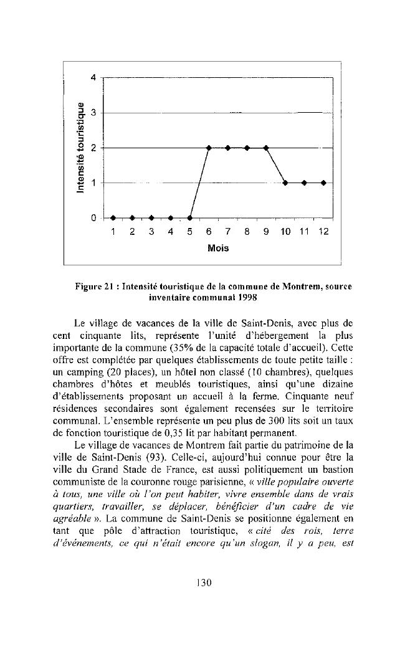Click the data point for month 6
[209, 148]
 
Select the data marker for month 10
[285, 183]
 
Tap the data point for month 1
[113, 218]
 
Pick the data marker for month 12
[323, 183]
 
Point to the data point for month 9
[266, 148]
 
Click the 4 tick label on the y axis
[93, 78]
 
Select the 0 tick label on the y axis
[93, 218]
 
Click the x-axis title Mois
[218, 248]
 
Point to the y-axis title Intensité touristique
[79, 148]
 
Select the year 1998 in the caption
[231, 298]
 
